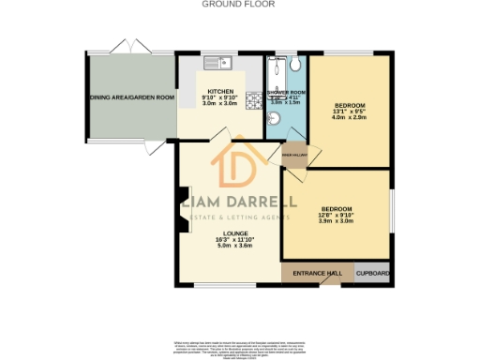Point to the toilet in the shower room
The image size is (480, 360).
(x=295, y=65)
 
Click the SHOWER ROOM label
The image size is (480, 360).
(x=284, y=91)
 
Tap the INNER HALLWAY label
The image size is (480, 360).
(x=293, y=155)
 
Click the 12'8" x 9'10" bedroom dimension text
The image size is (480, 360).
(x=335, y=215)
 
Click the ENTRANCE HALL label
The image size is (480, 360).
(x=317, y=273)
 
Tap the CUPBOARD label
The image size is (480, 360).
(x=373, y=273)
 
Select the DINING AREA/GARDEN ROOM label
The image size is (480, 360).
(x=132, y=97)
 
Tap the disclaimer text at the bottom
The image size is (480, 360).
(x=240, y=346)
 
